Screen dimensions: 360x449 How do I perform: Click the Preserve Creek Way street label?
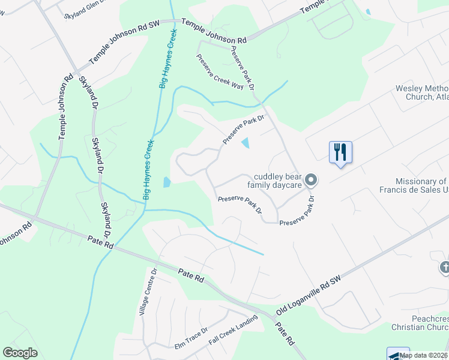(220, 71)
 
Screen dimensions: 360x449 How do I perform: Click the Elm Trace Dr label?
(190, 338)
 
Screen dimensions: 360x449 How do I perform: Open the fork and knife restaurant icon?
(340, 152)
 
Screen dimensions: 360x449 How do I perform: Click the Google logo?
(20, 353)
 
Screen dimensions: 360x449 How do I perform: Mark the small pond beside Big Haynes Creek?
(166, 181)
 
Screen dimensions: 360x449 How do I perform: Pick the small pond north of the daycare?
(246, 143)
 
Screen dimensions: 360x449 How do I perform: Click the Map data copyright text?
(424, 355)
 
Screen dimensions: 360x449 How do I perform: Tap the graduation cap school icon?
(397, 354)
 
